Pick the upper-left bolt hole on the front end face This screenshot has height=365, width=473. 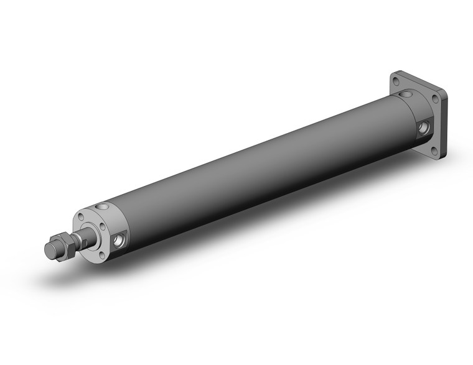[81, 218]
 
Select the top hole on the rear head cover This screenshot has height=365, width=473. [407, 95]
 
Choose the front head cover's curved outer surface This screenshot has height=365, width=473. [115, 218]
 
